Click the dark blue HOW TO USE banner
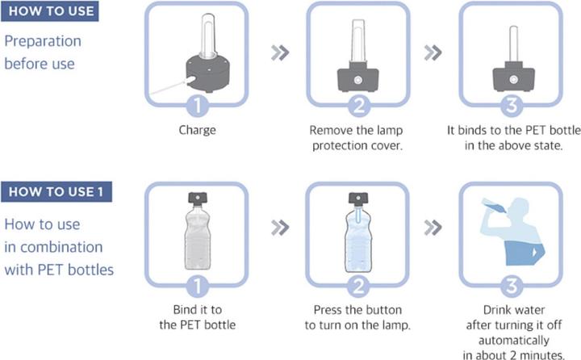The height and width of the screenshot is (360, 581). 50,13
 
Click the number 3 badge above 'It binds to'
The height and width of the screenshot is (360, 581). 510,104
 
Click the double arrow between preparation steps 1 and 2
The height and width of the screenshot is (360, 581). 279,52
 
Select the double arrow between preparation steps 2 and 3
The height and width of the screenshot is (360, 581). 433,52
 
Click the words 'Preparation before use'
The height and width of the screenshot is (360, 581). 43,51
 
